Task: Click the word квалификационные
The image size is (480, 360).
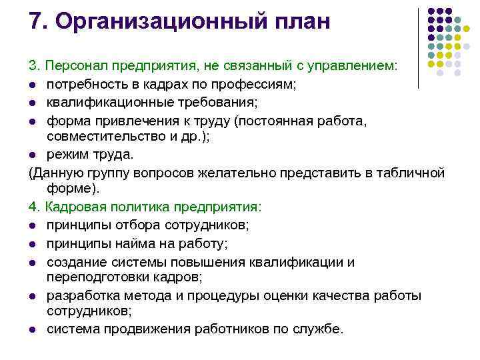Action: coord(101,102)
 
